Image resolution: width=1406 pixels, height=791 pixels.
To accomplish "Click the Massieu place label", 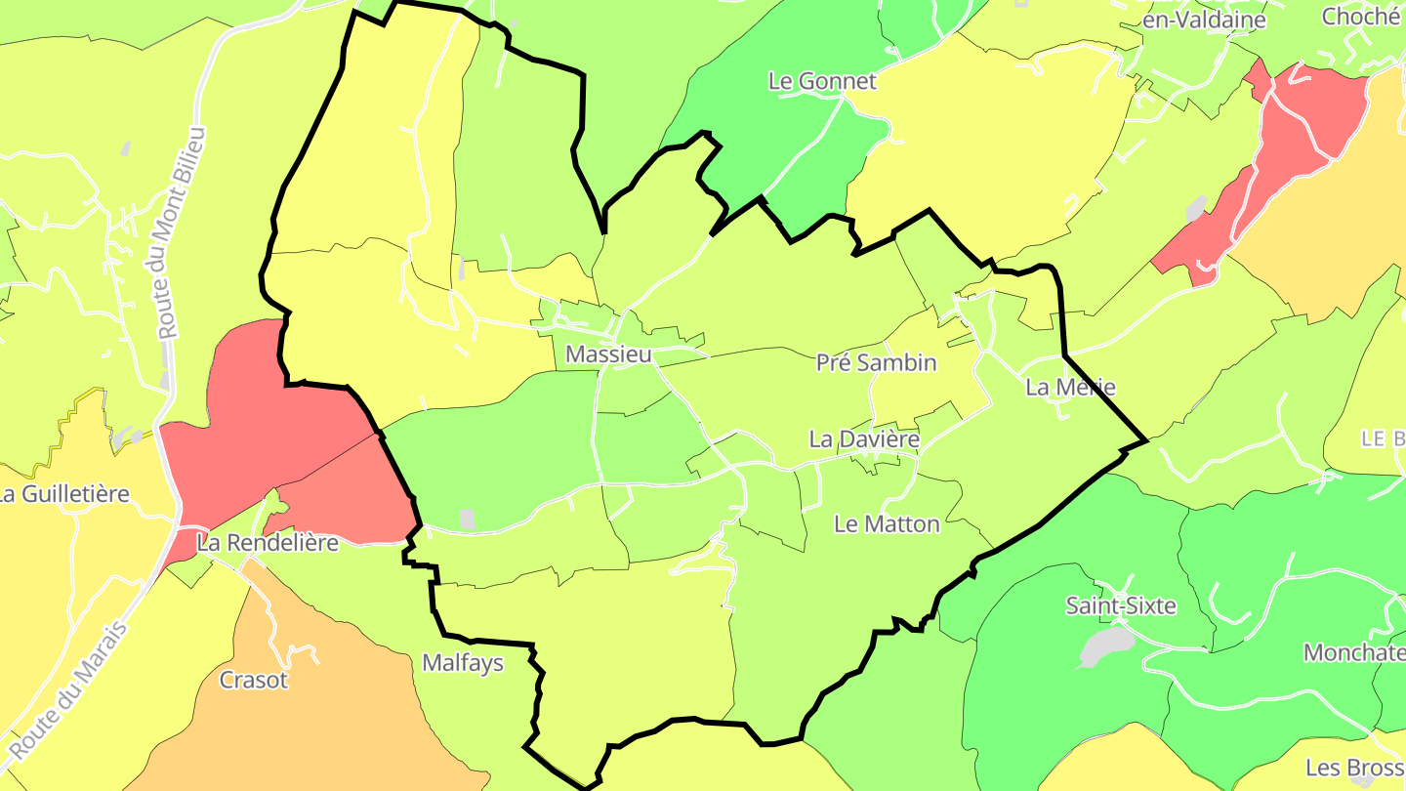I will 608,354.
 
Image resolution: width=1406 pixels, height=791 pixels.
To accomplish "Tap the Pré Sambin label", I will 876,363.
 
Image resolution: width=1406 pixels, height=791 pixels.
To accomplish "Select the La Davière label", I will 864,439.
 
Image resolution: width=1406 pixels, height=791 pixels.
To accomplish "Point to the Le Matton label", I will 887,524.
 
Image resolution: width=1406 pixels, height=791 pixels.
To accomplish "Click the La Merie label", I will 1070,388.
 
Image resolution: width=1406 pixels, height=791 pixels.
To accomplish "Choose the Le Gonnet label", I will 822,81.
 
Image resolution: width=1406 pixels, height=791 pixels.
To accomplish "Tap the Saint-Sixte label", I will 1121,606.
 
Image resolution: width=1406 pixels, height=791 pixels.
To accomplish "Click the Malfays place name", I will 463,663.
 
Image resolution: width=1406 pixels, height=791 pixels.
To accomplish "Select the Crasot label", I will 254,680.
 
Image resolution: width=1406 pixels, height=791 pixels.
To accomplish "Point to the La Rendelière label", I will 268,543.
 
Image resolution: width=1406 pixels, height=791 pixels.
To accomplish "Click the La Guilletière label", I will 64,494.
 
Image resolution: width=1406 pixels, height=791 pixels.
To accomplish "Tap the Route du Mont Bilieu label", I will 183,232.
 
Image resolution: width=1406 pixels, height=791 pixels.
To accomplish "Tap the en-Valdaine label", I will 1204,20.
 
